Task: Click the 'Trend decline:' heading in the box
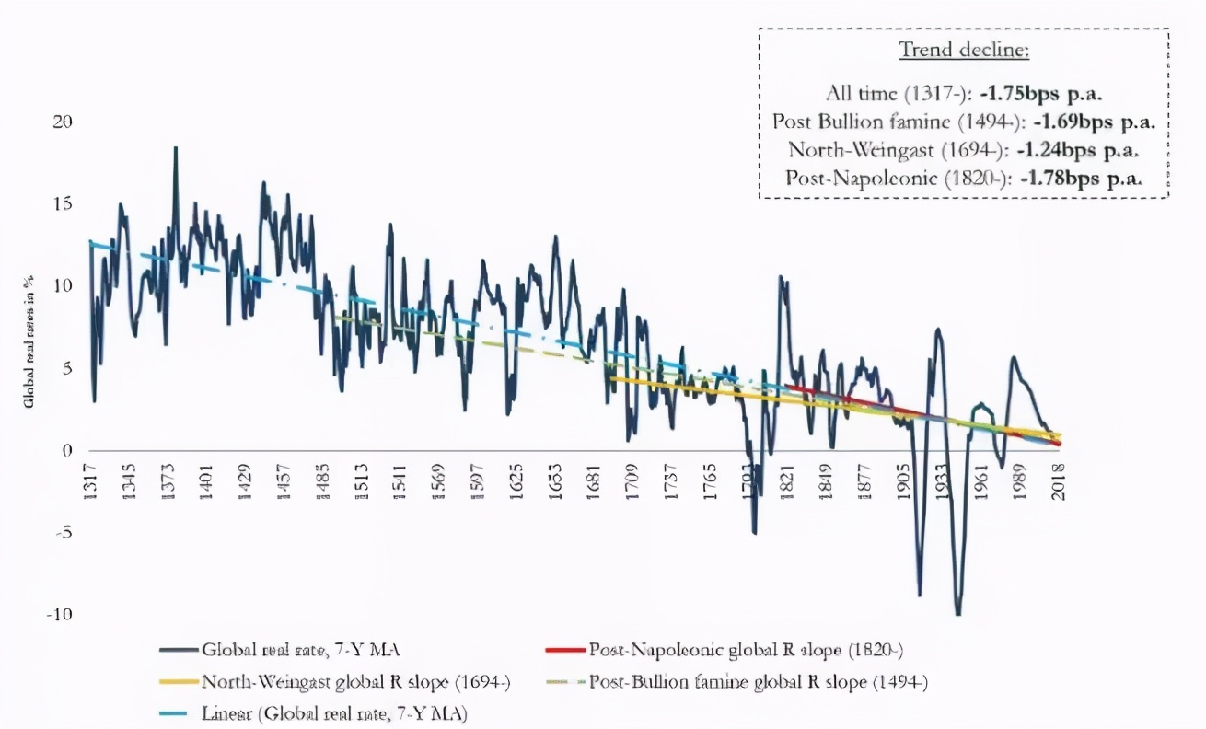click(963, 51)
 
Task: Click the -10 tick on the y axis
click(57, 615)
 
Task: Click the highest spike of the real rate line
click(175, 147)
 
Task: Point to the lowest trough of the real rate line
click(958, 614)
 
